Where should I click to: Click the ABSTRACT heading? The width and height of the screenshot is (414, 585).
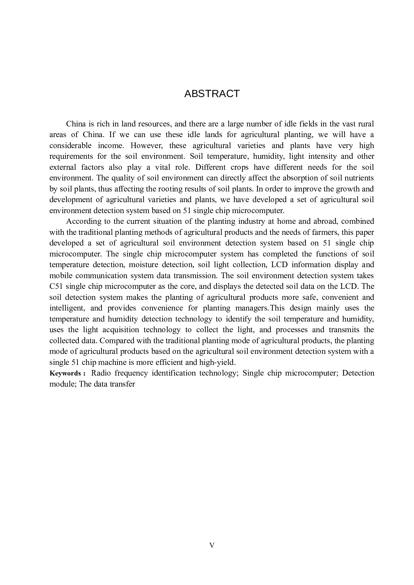pos(212,94)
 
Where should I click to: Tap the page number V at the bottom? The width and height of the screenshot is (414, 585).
pos(212,545)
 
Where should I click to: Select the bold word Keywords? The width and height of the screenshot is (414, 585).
pos(65,373)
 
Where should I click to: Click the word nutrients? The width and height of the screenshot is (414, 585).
pos(359,178)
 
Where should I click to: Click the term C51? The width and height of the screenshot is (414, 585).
pos(55,286)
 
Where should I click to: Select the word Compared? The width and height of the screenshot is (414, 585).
pos(116,341)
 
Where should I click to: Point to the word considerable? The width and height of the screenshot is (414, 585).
pos(70,146)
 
